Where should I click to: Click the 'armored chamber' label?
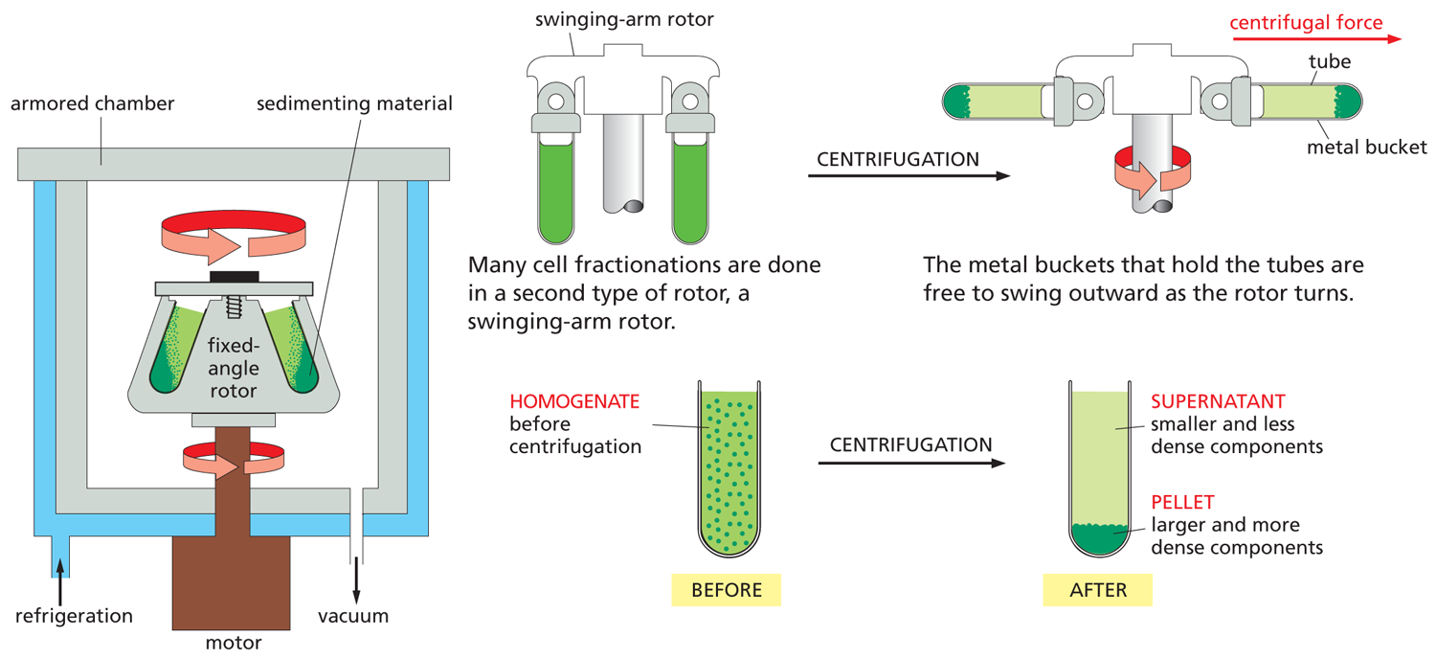click(92, 103)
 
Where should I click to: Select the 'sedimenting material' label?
click(354, 103)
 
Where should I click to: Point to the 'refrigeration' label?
click(74, 615)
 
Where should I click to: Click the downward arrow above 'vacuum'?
click(356, 578)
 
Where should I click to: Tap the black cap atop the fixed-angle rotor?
click(234, 277)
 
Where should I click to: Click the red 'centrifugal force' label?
click(1306, 22)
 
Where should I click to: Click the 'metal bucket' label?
click(1367, 147)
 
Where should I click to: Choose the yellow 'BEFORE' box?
click(727, 590)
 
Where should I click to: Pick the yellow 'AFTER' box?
click(1097, 590)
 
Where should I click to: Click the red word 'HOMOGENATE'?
click(574, 401)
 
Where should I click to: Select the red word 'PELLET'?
click(1182, 502)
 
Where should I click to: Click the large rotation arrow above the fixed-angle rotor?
click(232, 236)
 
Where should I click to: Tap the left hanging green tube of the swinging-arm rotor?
click(554, 187)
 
